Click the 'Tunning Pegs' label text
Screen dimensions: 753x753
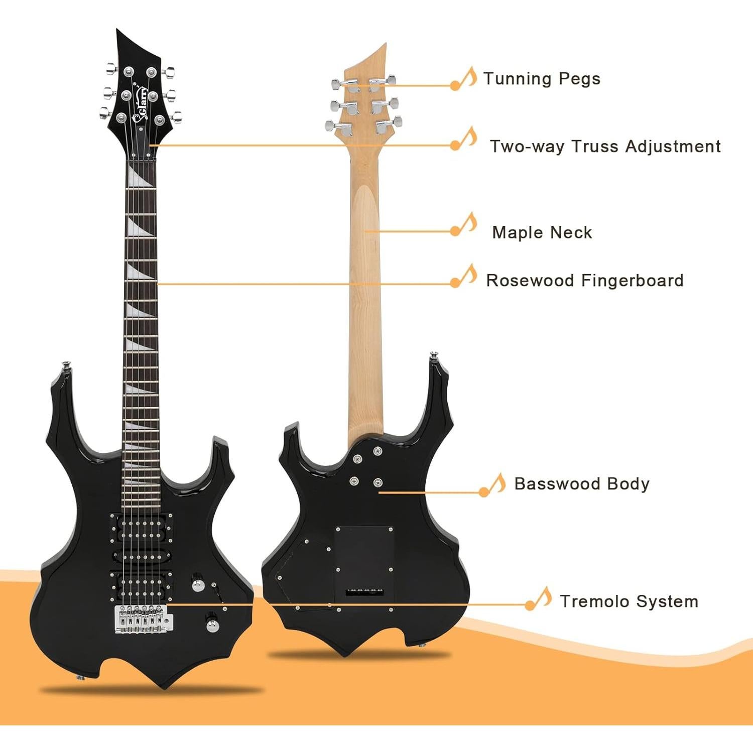[542, 79]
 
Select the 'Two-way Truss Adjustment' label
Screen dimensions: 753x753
[605, 147]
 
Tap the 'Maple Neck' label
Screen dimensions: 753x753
[542, 232]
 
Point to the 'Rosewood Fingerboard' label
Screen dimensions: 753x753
[585, 280]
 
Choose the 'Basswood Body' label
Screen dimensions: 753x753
[582, 484]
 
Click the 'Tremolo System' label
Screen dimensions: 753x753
[629, 601]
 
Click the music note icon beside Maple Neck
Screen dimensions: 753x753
[464, 224]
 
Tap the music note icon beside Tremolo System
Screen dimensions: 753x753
[539, 598]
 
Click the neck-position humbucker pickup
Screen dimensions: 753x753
[142, 525]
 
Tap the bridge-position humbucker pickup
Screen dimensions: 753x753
[142, 584]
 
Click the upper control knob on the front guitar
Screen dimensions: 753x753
[198, 585]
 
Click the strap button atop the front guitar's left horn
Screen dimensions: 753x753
[65, 365]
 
